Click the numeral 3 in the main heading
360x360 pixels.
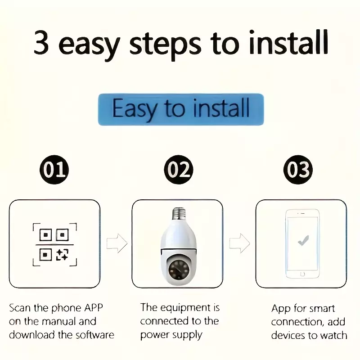click(41, 42)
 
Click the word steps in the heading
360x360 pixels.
click(165, 45)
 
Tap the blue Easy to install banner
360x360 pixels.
click(181, 109)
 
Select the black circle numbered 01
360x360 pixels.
click(54, 170)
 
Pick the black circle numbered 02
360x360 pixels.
click(179, 170)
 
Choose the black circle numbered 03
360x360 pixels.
click(298, 170)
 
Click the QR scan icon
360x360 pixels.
click(54, 244)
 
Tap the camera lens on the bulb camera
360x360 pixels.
click(179, 269)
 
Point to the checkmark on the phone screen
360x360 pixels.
click(303, 241)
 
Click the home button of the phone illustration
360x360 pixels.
click(302, 274)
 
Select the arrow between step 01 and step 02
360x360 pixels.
click(117, 243)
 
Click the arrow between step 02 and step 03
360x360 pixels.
click(239, 243)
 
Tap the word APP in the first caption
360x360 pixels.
click(94, 308)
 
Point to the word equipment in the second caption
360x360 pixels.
click(185, 308)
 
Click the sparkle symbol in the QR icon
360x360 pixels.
click(62, 255)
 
